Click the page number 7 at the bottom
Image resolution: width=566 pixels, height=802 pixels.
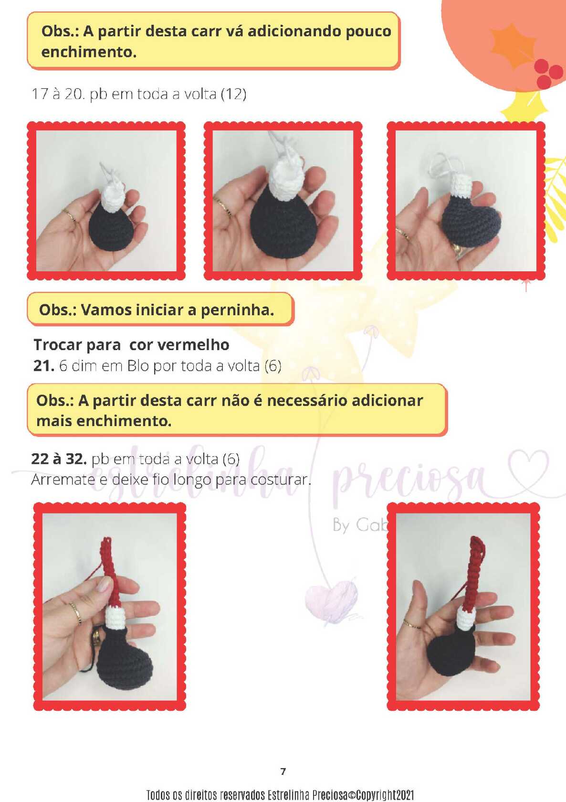(283, 771)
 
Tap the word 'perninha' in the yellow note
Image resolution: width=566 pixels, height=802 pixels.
(238, 310)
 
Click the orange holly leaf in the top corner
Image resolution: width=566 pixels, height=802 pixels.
(513, 45)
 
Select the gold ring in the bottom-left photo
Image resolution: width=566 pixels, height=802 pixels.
(75, 614)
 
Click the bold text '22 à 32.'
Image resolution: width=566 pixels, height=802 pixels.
(59, 459)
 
